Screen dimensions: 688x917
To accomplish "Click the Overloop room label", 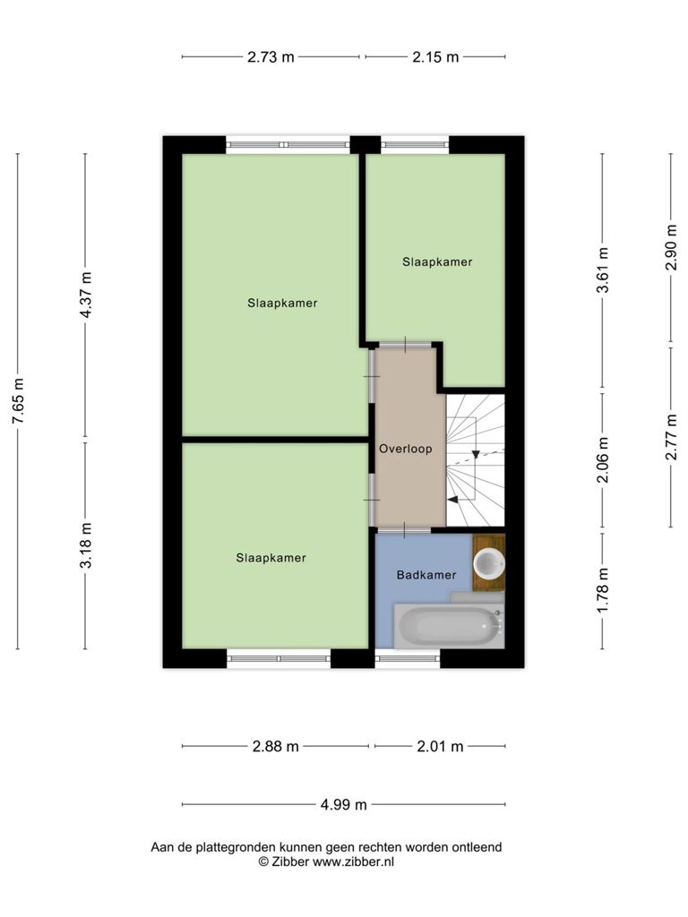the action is [406, 449].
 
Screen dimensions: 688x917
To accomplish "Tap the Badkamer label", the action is [426, 575].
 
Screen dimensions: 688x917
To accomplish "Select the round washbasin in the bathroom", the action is [489, 564].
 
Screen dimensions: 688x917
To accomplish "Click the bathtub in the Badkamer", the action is [449, 626].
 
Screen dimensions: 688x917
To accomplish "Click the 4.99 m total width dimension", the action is [343, 805].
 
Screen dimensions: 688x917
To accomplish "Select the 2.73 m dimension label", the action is [271, 56].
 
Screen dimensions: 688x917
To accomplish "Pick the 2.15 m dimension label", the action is [436, 56].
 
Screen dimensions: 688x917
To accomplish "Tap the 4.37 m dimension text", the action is [87, 295].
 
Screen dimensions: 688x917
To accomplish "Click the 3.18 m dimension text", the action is [87, 545].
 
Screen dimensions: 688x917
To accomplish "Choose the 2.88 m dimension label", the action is [276, 746].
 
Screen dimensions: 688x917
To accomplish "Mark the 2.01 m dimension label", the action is [441, 746].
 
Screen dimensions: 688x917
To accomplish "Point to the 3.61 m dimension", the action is [604, 270].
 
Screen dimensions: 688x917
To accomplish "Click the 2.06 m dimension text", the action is [604, 460].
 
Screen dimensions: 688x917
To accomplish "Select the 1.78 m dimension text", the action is [604, 591].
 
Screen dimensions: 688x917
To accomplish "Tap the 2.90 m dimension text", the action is [672, 247].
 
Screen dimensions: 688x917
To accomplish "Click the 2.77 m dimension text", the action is [672, 437].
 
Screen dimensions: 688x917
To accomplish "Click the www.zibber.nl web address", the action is [353, 861].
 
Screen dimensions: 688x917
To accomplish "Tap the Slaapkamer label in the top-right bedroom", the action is [437, 262].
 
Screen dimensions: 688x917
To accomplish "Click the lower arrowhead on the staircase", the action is [452, 500].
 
